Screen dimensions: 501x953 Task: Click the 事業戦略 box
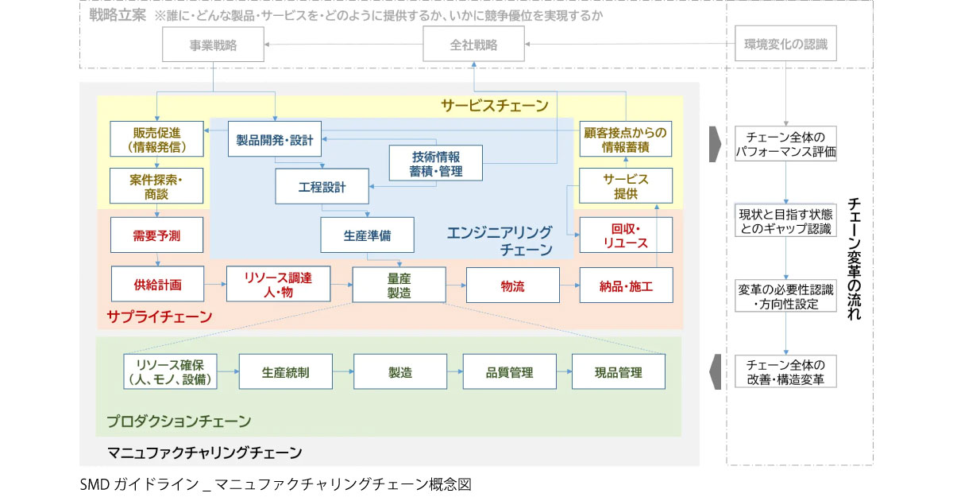pyautogui.click(x=213, y=45)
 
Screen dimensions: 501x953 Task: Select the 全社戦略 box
pyautogui.click(x=473, y=45)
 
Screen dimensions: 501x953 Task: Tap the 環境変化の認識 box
pyautogui.click(x=785, y=45)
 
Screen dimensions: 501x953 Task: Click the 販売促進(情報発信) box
pyautogui.click(x=157, y=139)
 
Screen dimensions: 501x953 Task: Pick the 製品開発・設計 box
pyautogui.click(x=275, y=139)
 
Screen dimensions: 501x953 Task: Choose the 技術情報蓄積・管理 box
pyautogui.click(x=436, y=163)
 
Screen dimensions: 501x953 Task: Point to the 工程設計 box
pyautogui.click(x=322, y=188)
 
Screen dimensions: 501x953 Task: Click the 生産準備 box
pyautogui.click(x=367, y=236)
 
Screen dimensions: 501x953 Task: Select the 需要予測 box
pyautogui.click(x=157, y=236)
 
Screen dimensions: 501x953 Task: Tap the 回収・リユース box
pyautogui.click(x=626, y=236)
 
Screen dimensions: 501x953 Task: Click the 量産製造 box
pyautogui.click(x=399, y=285)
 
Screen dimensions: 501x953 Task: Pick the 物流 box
pyautogui.click(x=512, y=285)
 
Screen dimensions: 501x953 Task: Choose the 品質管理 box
pyautogui.click(x=509, y=371)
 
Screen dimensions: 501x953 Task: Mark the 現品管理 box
pyautogui.click(x=618, y=371)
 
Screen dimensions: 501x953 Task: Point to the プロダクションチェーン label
pyautogui.click(x=179, y=421)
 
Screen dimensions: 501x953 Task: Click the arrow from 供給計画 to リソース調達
pyautogui.click(x=215, y=284)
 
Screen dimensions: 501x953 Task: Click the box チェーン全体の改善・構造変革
pyautogui.click(x=785, y=371)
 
